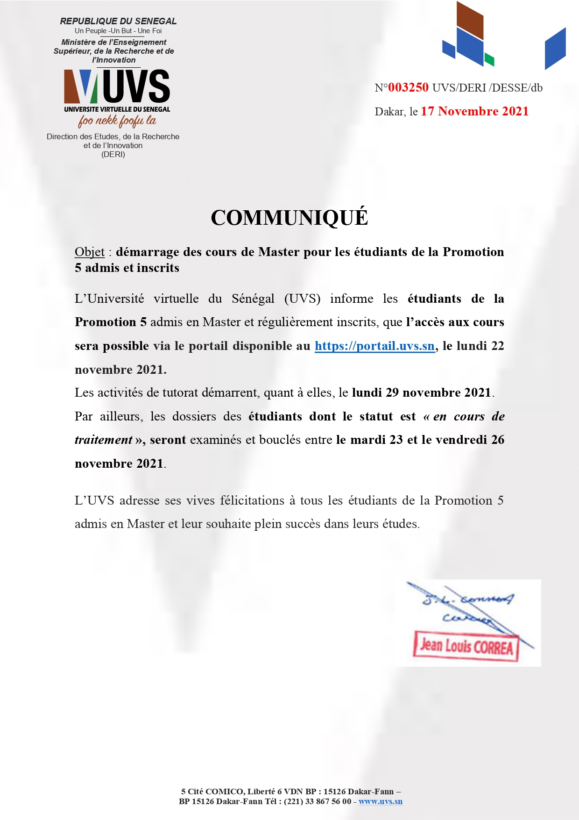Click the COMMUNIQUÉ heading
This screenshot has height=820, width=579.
[x=289, y=218]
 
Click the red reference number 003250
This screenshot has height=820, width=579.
[x=408, y=87]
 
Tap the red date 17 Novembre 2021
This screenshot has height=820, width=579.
[x=474, y=111]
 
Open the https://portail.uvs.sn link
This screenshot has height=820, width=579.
[x=374, y=346]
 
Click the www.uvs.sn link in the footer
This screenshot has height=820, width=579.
[x=380, y=801]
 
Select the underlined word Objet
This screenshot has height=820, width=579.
[x=90, y=252]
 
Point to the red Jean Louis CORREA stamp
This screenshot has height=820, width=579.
[x=466, y=646]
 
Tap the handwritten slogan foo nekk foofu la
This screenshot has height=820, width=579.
[x=117, y=121]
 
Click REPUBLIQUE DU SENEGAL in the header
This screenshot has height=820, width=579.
[x=118, y=21]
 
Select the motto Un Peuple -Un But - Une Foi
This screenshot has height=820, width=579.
[x=118, y=31]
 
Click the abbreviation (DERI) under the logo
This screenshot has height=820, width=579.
[x=113, y=154]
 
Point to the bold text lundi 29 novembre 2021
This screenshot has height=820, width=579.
[x=421, y=392]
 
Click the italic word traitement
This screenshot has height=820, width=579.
[x=104, y=440]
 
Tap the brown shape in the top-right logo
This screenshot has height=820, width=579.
[x=469, y=20]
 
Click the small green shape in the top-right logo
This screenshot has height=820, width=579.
[x=489, y=59]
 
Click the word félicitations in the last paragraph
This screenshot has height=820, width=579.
[x=252, y=500]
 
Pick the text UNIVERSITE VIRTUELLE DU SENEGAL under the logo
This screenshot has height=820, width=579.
[x=117, y=109]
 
